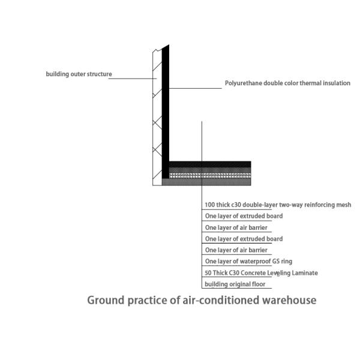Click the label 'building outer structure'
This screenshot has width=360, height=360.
pyautogui.click(x=79, y=74)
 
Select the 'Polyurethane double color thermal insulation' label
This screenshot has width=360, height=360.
pyautogui.click(x=287, y=83)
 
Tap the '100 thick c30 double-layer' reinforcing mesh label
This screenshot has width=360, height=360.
pyautogui.click(x=278, y=205)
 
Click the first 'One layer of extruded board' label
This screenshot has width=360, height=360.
pyautogui.click(x=244, y=216)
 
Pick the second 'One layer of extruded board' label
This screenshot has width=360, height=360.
pyautogui.click(x=244, y=239)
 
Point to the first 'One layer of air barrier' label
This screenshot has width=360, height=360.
pyautogui.click(x=236, y=227)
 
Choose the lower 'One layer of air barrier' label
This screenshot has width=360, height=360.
pyautogui.click(x=236, y=250)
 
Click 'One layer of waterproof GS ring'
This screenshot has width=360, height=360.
pyautogui.click(x=248, y=262)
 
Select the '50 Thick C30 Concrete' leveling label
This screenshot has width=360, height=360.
pyautogui.click(x=261, y=273)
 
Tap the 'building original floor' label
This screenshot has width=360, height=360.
pyautogui.click(x=234, y=284)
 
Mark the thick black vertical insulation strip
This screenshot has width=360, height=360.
pyautogui.click(x=166, y=108)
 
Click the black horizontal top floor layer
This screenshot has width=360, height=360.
pyautogui.click(x=210, y=164)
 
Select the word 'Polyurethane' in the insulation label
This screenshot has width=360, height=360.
pyautogui.click(x=243, y=83)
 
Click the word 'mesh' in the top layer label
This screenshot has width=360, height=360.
pyautogui.click(x=344, y=205)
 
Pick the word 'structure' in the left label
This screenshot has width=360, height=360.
pyautogui.click(x=100, y=74)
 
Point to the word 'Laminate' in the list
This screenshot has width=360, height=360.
pyautogui.click(x=305, y=273)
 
